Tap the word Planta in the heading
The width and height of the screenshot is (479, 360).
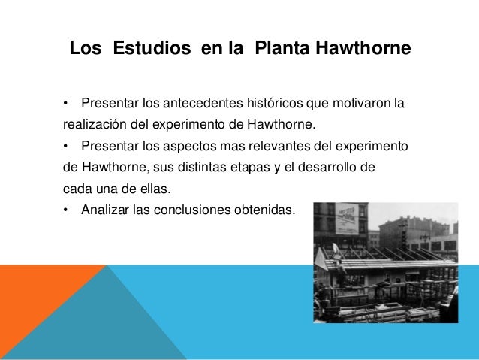click(x=282, y=50)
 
